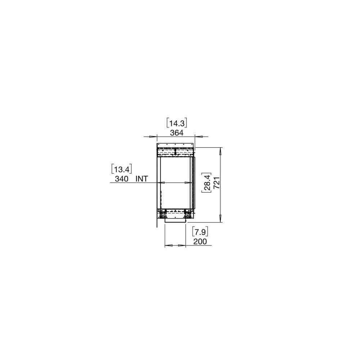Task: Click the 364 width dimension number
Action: [177, 133]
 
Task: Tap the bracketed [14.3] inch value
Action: [177, 123]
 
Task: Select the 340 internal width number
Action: [121, 179]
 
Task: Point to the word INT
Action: [141, 179]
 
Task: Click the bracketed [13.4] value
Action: [122, 169]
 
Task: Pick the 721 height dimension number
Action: [217, 183]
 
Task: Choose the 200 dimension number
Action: [200, 242]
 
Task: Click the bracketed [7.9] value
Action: [200, 232]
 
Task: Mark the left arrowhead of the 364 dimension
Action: [152, 136]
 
